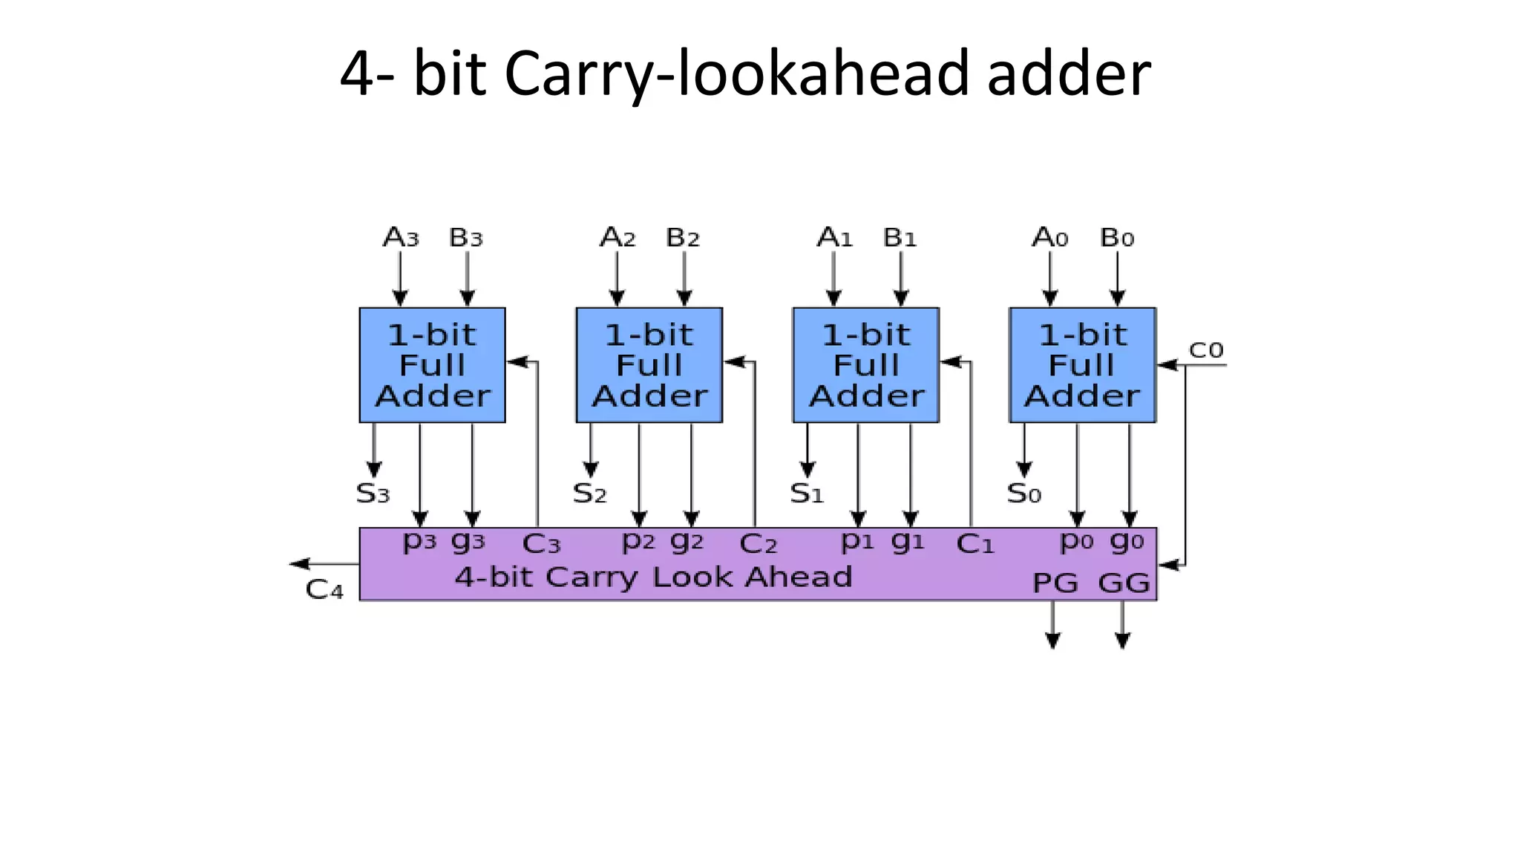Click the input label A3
pos(401,238)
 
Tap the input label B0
pos(1117,238)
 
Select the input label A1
pos(834,238)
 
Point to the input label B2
pos(683,238)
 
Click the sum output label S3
pos(373,494)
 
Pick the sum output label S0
pos(1024,494)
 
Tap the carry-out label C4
pos(324,590)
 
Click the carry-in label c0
pos(1206,350)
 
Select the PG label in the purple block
pos(1055,583)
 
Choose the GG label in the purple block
pos(1124,583)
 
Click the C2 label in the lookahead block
pos(758,545)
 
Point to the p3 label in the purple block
pos(419,542)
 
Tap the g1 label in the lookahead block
pos(908,542)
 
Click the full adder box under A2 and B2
pos(649,365)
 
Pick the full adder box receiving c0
pos(1082,365)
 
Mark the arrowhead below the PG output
pos(1053,641)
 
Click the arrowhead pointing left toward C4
pos(300,564)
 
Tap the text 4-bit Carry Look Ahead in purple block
pos(653,577)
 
